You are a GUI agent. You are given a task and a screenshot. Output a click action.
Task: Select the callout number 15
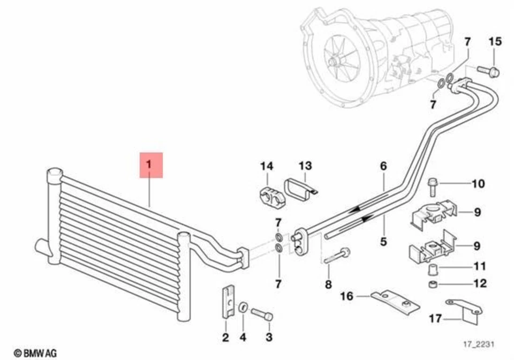point(495,41)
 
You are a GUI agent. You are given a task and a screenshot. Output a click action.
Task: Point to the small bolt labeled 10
point(433,184)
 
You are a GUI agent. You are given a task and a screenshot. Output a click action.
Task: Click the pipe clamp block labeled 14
point(267,195)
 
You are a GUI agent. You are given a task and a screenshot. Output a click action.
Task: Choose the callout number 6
point(383,166)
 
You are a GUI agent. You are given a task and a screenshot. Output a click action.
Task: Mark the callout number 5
point(383,242)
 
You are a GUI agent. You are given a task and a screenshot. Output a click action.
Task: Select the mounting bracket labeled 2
point(227,302)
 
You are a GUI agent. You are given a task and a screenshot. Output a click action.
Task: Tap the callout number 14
point(267,166)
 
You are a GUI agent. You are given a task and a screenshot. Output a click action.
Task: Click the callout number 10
point(478,184)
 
